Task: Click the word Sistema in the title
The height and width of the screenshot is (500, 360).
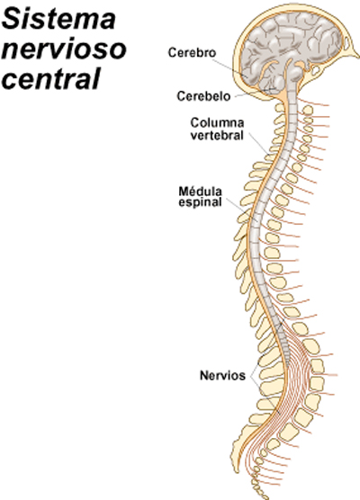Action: coord(58,19)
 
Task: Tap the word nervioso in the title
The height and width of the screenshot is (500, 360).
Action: coord(64,49)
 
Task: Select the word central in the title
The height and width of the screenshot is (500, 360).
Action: coord(51,78)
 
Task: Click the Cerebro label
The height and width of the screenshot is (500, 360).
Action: coord(192,53)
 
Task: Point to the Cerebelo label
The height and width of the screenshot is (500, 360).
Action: coord(203,96)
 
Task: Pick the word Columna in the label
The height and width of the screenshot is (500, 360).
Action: coord(217,122)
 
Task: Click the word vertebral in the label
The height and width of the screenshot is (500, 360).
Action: coord(217,135)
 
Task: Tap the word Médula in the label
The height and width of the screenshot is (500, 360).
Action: coord(200,192)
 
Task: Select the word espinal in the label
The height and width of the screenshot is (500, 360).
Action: coord(200,202)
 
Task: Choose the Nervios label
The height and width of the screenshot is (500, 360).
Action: coord(222,375)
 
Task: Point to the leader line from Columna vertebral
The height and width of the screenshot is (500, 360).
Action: coord(258,144)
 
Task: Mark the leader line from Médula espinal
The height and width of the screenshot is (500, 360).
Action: coord(242,210)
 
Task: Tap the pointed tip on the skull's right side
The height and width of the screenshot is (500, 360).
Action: coord(358,57)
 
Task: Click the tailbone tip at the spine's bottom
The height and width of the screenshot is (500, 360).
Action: coord(265,497)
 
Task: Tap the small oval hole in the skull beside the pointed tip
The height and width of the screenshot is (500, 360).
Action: coord(346,44)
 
